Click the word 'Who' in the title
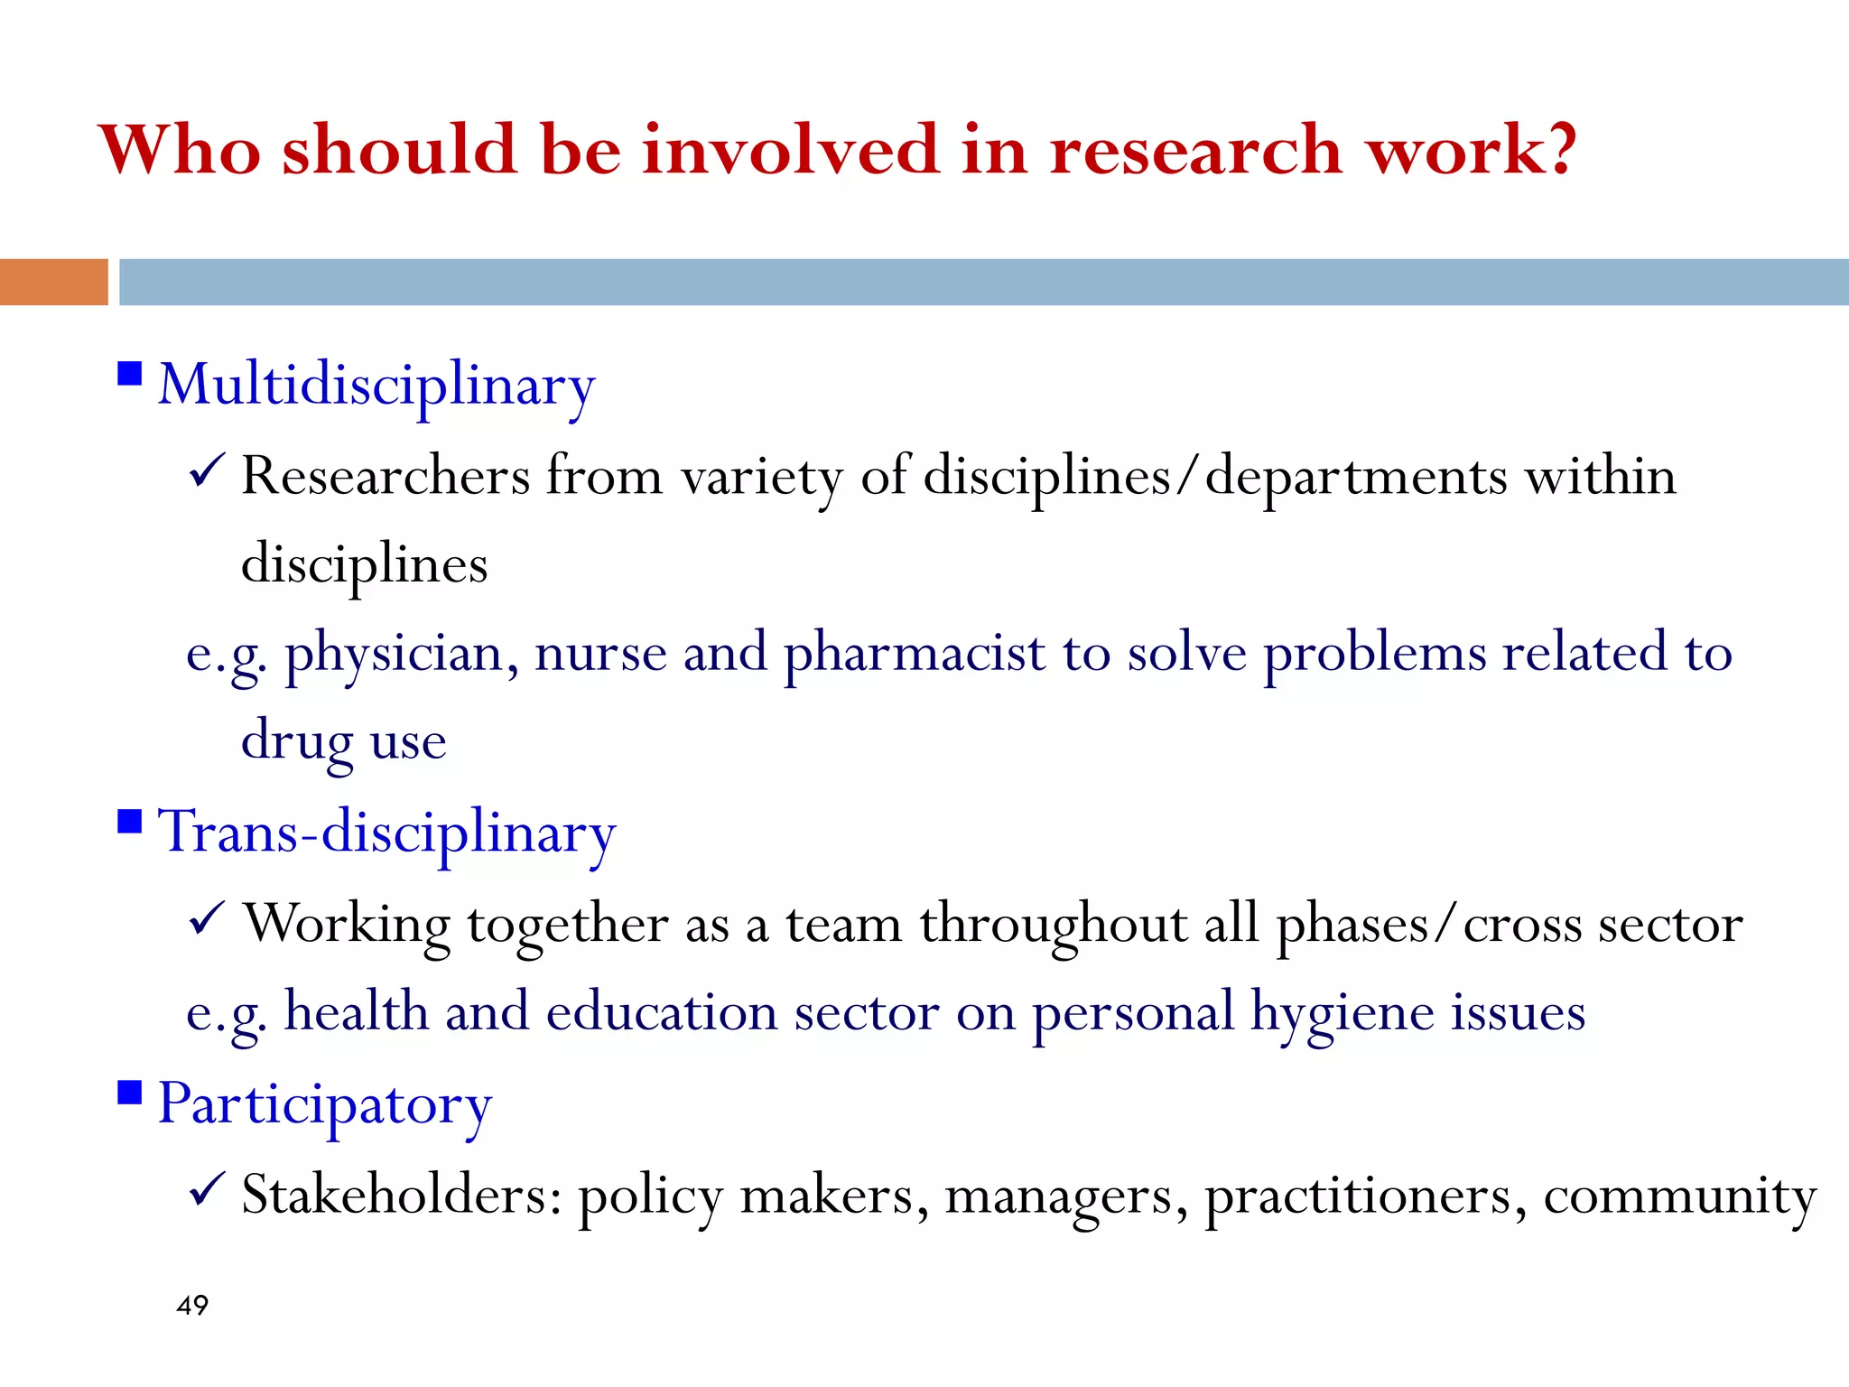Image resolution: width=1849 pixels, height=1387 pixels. tap(180, 149)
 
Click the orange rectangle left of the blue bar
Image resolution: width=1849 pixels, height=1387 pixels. tap(53, 282)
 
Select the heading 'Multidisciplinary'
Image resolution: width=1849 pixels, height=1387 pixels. tap(376, 386)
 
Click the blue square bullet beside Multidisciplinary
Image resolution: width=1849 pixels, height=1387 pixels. tap(130, 374)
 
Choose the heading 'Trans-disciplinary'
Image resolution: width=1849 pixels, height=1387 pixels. tap(386, 833)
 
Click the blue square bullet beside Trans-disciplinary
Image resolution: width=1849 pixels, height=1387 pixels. tap(130, 822)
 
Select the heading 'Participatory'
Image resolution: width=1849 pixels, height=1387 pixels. tap(325, 1104)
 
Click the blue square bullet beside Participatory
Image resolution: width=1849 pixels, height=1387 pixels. tap(130, 1093)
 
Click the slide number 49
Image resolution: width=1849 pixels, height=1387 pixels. tap(192, 1305)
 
